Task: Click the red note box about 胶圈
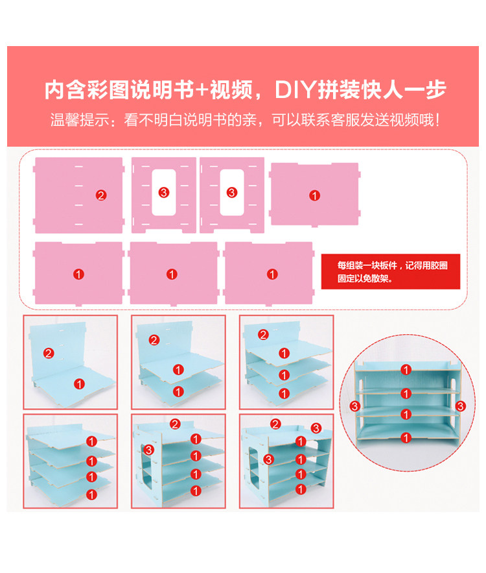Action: click(390, 271)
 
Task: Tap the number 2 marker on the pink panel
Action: click(100, 195)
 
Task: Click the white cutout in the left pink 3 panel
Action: click(163, 193)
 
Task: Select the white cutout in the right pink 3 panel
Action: click(231, 193)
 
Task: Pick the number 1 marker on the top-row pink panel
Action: click(314, 195)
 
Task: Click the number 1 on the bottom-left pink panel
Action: click(78, 274)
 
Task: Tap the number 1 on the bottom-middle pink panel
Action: click(172, 274)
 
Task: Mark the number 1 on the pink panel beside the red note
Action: click(272, 274)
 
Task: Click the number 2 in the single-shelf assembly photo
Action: click(49, 353)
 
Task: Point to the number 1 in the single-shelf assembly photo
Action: click(78, 384)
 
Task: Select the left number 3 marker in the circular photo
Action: click(354, 406)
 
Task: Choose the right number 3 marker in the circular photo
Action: click(460, 406)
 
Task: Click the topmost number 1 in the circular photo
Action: click(406, 370)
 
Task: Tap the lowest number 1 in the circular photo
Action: click(406, 437)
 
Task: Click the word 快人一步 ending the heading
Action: click(402, 90)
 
